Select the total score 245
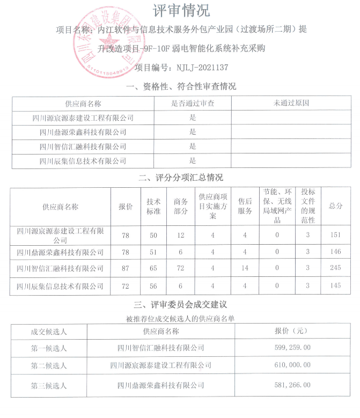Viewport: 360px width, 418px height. (x=336, y=268)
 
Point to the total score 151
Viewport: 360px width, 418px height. (x=336, y=235)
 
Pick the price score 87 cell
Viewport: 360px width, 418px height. (x=126, y=268)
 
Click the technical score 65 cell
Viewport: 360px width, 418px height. (x=153, y=268)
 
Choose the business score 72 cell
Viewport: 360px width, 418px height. (x=181, y=268)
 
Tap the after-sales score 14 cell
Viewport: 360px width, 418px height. (x=245, y=268)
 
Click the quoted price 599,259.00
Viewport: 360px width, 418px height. (x=292, y=348)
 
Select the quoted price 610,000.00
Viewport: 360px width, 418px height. (x=292, y=366)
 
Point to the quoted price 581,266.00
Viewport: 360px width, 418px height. (x=292, y=385)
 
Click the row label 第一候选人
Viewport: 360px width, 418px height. (x=49, y=348)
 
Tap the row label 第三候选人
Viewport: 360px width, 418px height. (x=49, y=385)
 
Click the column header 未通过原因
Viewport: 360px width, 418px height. (x=291, y=103)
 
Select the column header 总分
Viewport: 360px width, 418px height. (x=336, y=206)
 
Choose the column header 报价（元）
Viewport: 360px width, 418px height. (x=292, y=331)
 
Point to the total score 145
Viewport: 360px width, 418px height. (x=336, y=286)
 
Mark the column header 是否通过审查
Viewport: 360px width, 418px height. (x=193, y=103)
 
